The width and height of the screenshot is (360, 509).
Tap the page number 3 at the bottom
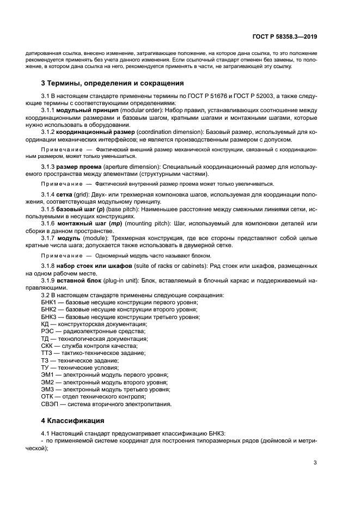tap(315, 463)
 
